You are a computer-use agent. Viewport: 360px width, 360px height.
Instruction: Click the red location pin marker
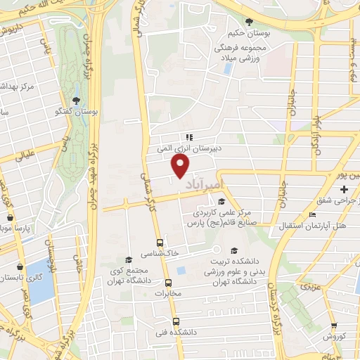pyautogui.click(x=181, y=166)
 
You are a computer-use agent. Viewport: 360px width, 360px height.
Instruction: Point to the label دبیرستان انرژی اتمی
pyautogui.click(x=188, y=148)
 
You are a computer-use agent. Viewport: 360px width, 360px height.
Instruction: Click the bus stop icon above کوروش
pyautogui.click(x=333, y=325)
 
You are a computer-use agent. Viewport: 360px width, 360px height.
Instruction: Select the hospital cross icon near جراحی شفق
pyautogui.click(x=344, y=190)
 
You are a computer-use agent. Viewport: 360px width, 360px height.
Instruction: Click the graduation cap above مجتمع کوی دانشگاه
pyautogui.click(x=127, y=259)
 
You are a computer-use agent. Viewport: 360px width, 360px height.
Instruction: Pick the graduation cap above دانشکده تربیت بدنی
pyautogui.click(x=233, y=250)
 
